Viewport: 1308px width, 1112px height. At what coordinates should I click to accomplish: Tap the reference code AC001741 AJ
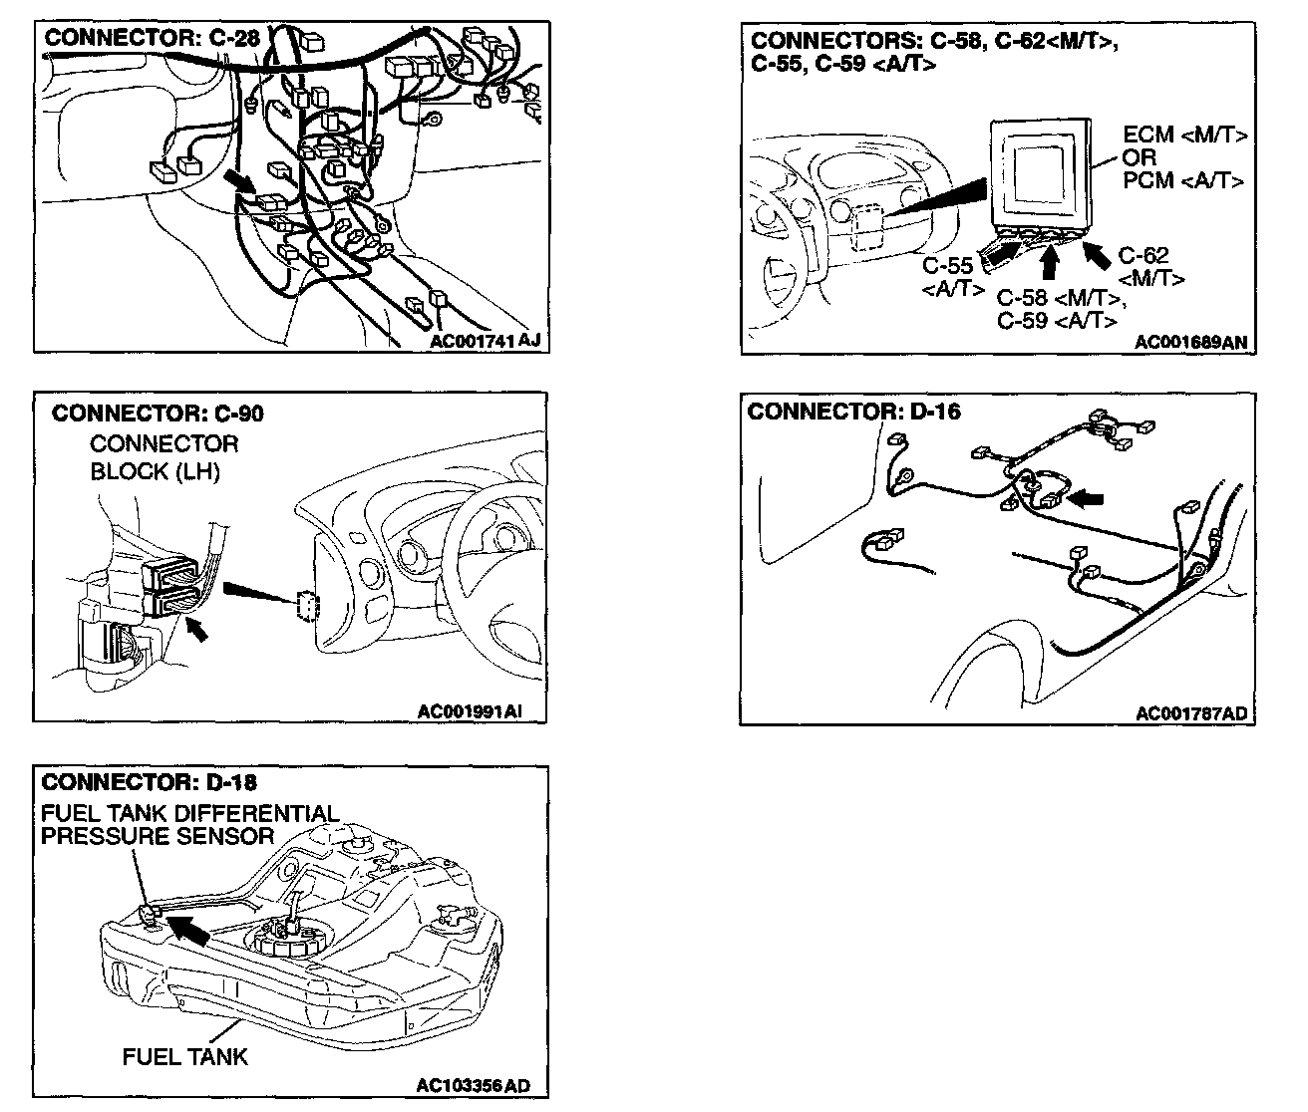click(x=486, y=341)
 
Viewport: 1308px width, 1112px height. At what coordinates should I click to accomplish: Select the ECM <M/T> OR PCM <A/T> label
click(x=1183, y=157)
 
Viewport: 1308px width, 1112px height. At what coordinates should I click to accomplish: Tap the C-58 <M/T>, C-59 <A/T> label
click(x=1061, y=309)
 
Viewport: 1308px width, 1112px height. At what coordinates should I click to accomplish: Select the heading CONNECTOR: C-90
click(x=158, y=413)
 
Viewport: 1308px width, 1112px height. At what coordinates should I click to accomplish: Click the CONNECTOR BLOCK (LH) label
click(x=163, y=457)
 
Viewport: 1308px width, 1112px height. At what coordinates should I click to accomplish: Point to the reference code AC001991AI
click(x=470, y=711)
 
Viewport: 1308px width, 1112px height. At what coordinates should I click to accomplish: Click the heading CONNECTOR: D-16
click(x=853, y=412)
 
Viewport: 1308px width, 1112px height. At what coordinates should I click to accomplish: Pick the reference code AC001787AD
click(x=1191, y=713)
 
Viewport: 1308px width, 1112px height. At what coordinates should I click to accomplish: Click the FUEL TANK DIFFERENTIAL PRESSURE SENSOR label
click(x=189, y=825)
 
